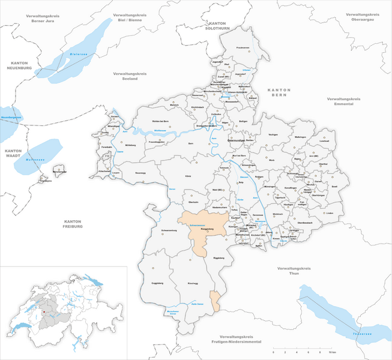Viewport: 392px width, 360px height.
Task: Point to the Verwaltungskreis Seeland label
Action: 130,75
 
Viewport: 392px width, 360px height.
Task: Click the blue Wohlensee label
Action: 160,130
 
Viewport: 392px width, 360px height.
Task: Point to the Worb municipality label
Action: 272,160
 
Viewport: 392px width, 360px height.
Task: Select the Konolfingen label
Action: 290,188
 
